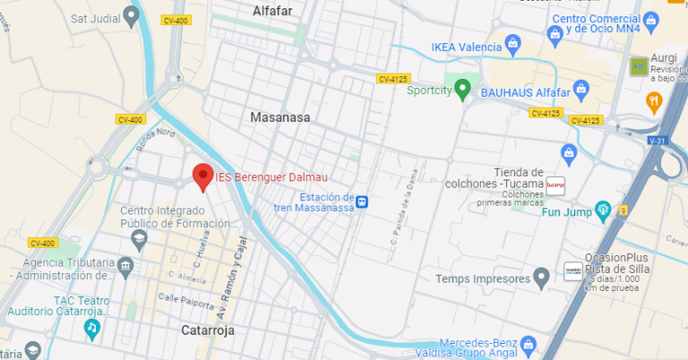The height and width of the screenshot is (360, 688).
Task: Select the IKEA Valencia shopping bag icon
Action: click(512, 41)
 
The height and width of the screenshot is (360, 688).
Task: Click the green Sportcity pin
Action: click(462, 88)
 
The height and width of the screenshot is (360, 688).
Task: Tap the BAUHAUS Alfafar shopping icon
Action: click(581, 90)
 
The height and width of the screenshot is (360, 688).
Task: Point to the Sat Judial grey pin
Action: click(132, 14)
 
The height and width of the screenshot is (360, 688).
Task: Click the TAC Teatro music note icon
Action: click(91, 330)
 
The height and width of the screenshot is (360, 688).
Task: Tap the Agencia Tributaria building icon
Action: click(125, 267)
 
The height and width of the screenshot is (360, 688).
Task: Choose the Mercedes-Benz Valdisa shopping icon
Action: click(528, 344)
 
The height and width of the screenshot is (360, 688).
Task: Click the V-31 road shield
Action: click(658, 141)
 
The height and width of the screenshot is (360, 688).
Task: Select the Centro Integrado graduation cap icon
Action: click(139, 237)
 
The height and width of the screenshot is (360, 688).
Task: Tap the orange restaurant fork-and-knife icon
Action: click(653, 101)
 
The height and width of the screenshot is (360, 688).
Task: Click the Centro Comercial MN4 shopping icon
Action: click(555, 33)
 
